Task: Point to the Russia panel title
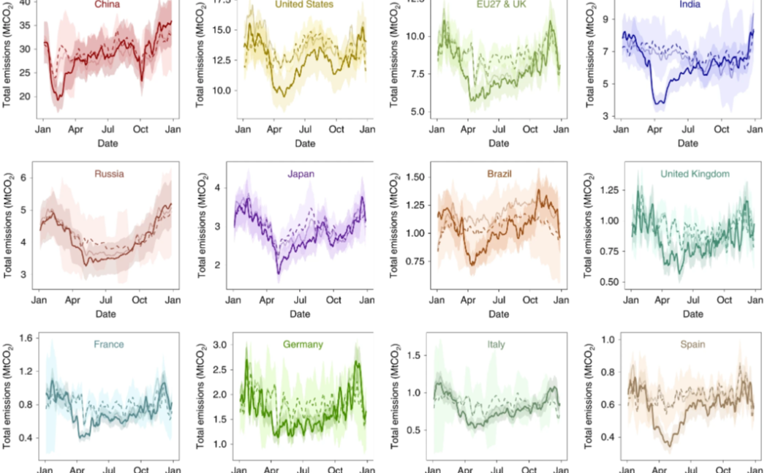point(109,175)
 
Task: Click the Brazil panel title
point(497,175)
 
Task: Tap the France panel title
point(108,344)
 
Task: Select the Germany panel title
point(301,344)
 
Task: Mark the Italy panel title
point(497,344)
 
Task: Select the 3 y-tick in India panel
point(605,116)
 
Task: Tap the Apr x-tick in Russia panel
point(72,300)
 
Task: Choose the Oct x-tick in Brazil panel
point(529,300)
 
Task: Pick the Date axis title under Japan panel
point(299,314)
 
